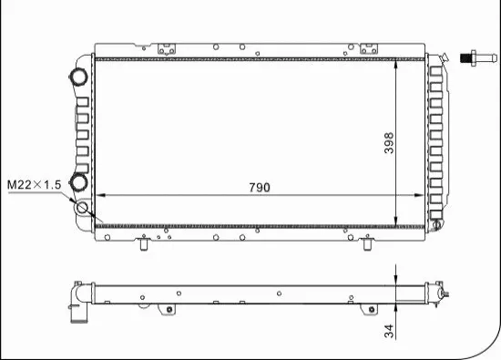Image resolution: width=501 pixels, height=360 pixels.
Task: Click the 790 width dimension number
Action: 260,187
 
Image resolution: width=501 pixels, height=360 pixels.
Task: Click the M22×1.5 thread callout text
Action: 34,185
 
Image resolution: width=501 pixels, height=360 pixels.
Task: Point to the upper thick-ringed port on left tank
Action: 78,76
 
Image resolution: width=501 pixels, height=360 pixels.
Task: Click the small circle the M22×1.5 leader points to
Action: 84,208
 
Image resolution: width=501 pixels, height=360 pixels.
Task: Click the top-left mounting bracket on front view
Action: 168,50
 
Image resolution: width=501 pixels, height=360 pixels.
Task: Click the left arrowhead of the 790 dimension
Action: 101,195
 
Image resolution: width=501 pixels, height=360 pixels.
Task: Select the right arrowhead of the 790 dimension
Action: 421,195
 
